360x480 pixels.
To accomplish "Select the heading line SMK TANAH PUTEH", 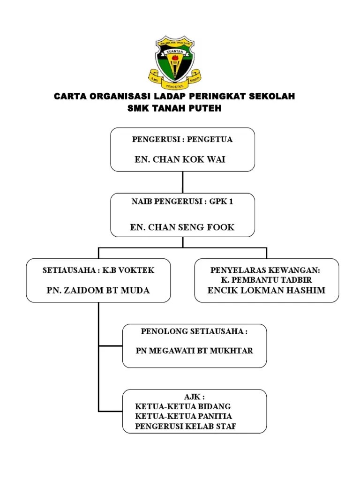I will (174, 108).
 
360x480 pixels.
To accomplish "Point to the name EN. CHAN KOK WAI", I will (180, 159).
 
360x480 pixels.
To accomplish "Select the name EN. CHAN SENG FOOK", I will (182, 227).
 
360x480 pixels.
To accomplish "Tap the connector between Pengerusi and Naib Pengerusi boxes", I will (182, 182).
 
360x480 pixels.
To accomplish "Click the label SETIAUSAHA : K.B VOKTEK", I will (98, 270).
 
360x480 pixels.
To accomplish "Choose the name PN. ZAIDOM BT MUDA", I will (98, 291).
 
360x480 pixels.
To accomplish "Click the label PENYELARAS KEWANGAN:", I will (265, 270).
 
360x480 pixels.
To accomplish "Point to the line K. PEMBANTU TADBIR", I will (266, 280).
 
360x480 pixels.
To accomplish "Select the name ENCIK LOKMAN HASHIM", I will (266, 290).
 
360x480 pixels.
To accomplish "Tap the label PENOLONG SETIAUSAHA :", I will (194, 331).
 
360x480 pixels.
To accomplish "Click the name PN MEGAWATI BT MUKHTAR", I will (194, 351).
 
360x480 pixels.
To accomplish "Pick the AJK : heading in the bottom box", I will (194, 397).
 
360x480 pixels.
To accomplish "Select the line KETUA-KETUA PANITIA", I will (184, 416).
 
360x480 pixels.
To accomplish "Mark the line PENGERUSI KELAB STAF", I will (186, 426).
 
